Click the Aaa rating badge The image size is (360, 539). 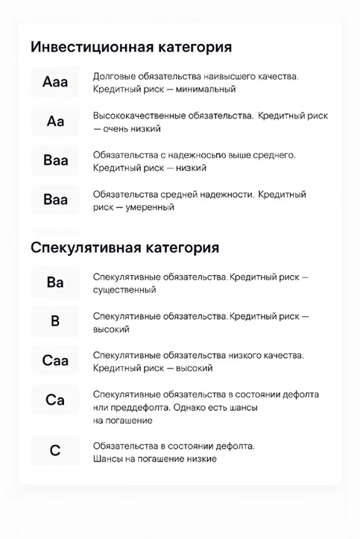click(x=55, y=82)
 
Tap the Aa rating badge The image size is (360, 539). click(x=55, y=122)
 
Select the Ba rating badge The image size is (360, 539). click(x=55, y=283)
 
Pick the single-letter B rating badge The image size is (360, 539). click(x=55, y=322)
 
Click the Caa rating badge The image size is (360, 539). click(x=55, y=362)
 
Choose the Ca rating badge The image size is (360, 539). click(x=55, y=401)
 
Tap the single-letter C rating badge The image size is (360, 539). click(x=55, y=451)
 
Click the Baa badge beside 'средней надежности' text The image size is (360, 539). click(x=55, y=200)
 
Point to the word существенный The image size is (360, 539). click(x=124, y=290)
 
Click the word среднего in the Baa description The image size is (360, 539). click(x=276, y=155)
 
